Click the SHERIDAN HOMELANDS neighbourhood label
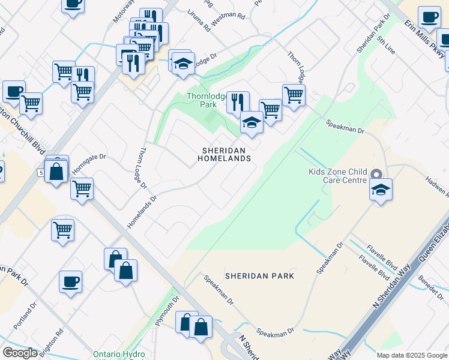(224, 154)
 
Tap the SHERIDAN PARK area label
(259, 276)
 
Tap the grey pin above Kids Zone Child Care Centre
(376, 173)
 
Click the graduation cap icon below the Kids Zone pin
(381, 190)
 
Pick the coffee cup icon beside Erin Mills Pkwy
(429, 17)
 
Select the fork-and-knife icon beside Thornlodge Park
(238, 102)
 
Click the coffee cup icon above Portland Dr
(70, 281)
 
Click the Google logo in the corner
(20, 353)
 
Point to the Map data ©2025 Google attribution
(411, 355)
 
